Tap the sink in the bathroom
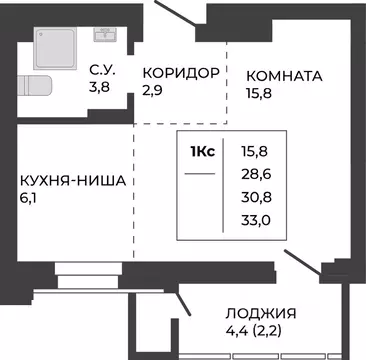104,34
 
